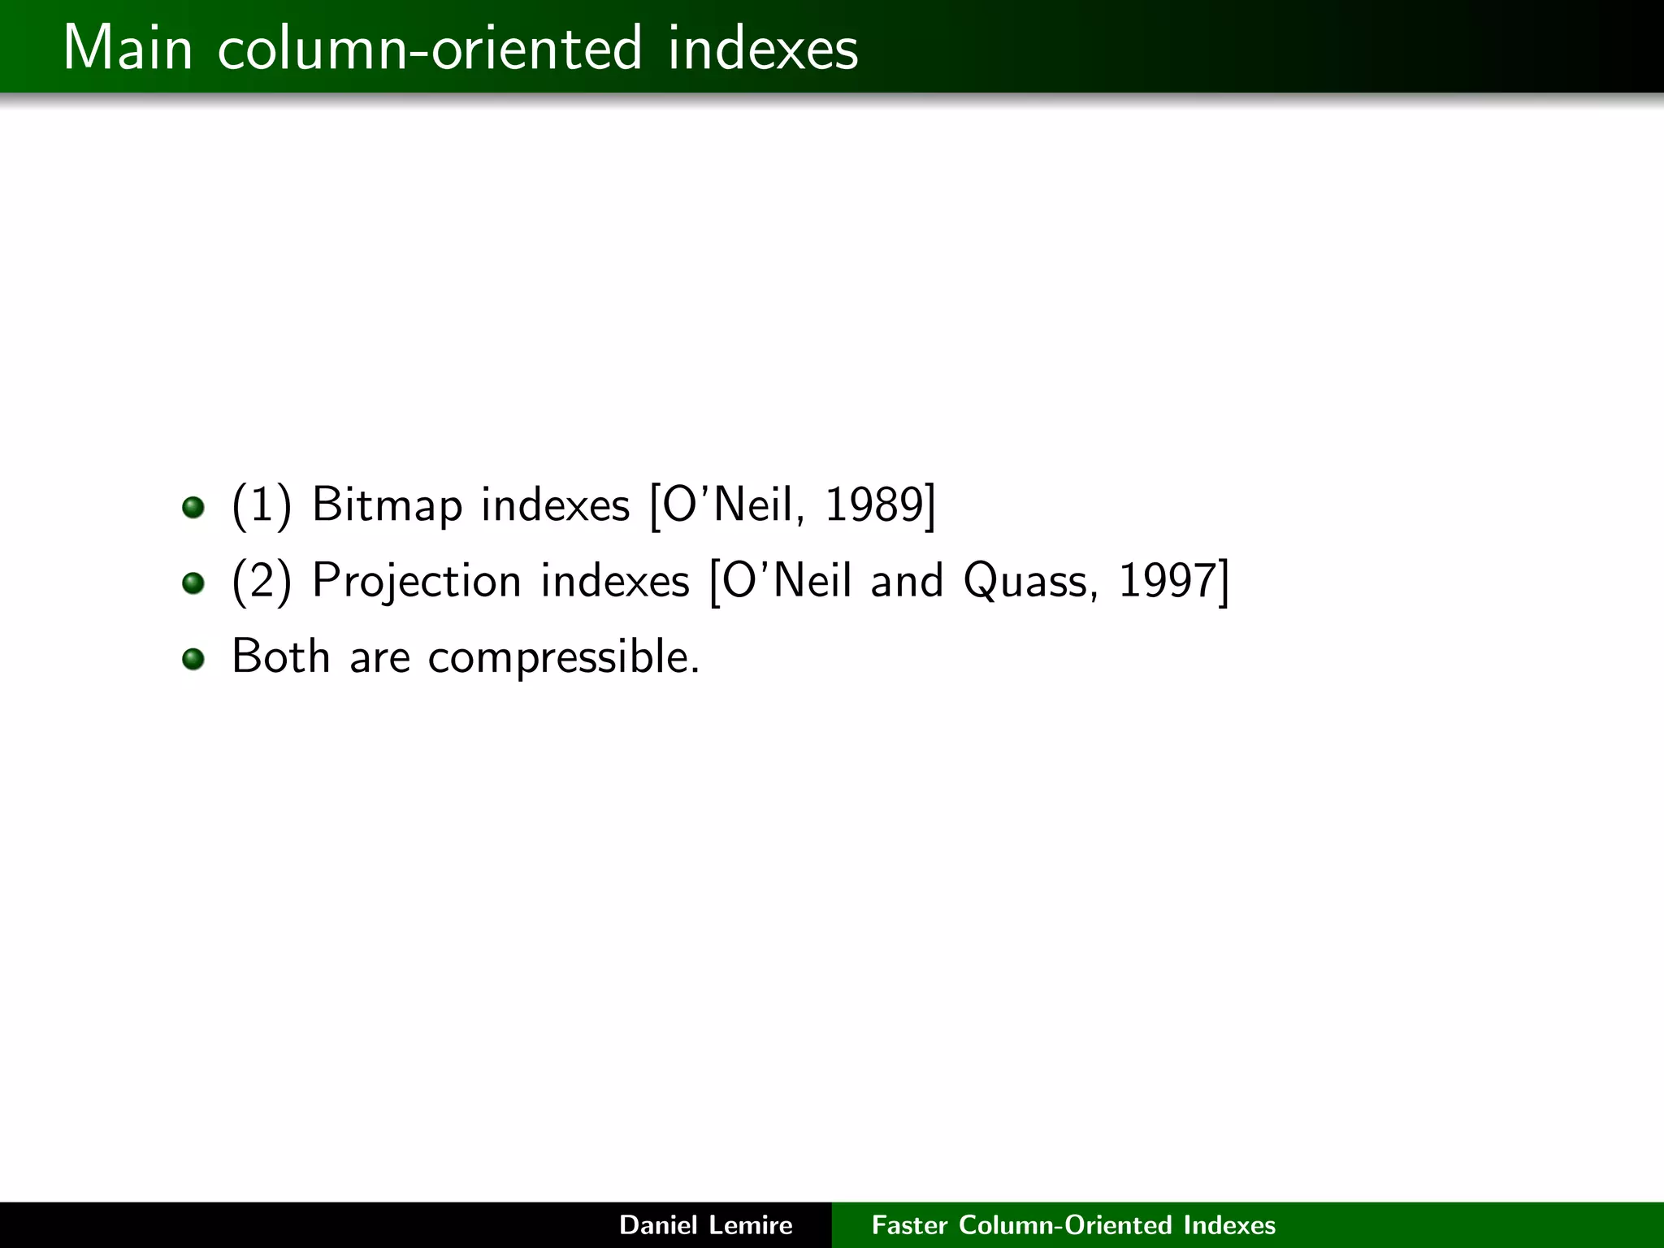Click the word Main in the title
tap(128, 48)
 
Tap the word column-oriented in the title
tap(430, 48)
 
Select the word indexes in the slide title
tap(763, 48)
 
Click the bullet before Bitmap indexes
tap(193, 508)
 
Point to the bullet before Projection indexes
tap(193, 583)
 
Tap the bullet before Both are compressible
tap(193, 658)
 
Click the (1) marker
tap(261, 505)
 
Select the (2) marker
tap(261, 581)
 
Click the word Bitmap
tap(387, 505)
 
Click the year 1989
tap(873, 505)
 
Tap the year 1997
tap(1167, 581)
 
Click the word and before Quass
tap(907, 581)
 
